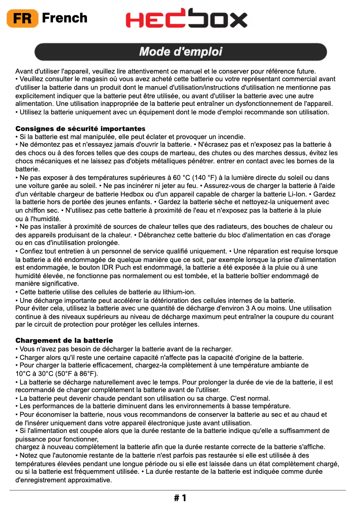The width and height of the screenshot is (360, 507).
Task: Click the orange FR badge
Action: coord(22,18)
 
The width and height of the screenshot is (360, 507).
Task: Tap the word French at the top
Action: coord(65,18)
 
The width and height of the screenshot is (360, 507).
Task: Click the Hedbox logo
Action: coord(186,19)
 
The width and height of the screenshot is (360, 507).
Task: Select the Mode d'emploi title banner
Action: coord(180,52)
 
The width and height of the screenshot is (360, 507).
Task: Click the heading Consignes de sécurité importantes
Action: coord(80,129)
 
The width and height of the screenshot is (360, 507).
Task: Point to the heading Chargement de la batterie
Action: coord(64,341)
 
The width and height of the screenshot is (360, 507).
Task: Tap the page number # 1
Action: coord(180,498)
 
